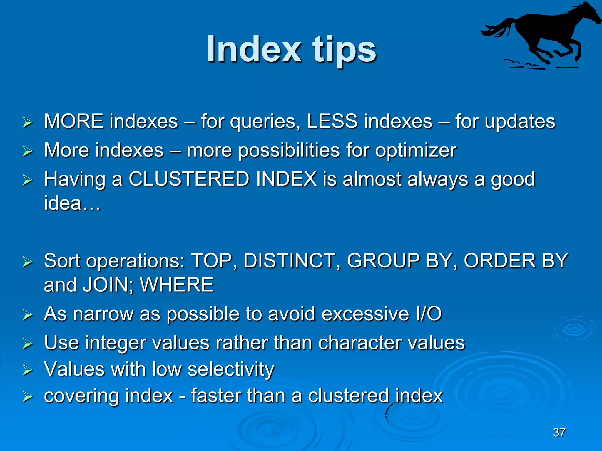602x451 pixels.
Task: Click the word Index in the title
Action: tap(254, 49)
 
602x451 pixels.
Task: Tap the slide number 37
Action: tap(559, 433)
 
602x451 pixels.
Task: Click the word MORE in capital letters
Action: tap(73, 121)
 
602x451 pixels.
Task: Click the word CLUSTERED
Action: tap(189, 179)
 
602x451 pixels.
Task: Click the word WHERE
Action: tap(176, 285)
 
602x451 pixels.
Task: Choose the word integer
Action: tap(116, 343)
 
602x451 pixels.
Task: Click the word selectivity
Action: tap(231, 369)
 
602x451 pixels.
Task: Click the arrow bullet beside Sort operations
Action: tap(27, 262)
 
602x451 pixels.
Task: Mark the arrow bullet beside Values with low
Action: tap(27, 370)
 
